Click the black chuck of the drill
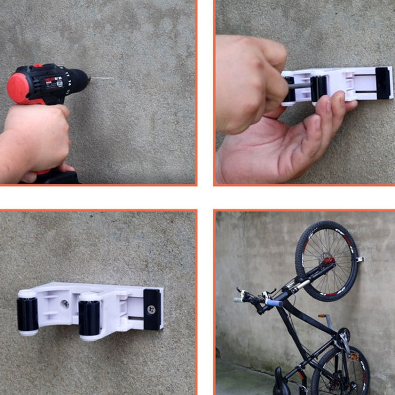click(79, 81)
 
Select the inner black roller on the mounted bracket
click(90, 317)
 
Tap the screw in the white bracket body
click(65, 304)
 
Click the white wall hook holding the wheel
click(360, 259)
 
